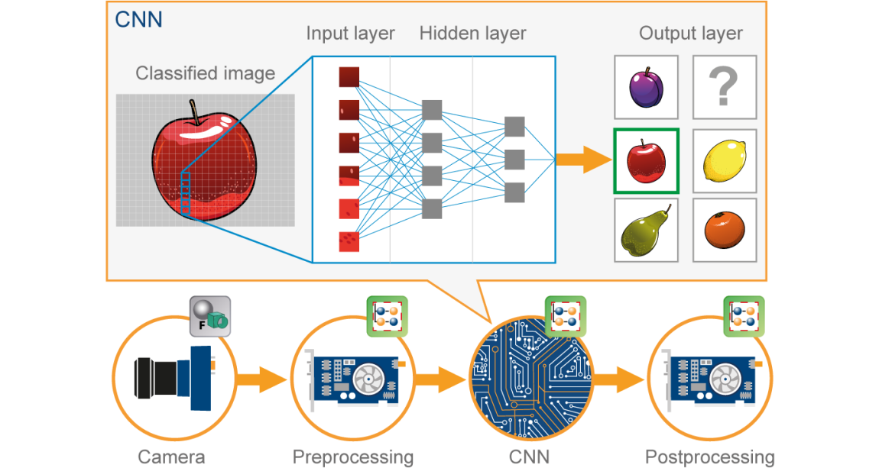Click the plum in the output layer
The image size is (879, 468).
(x=646, y=87)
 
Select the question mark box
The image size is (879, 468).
(x=724, y=87)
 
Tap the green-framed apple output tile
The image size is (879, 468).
(x=646, y=160)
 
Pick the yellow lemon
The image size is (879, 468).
(x=724, y=160)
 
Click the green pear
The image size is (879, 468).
(x=646, y=231)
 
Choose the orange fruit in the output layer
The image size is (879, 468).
(x=723, y=231)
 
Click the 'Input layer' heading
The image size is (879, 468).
(x=350, y=34)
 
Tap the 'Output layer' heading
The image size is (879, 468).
(x=690, y=34)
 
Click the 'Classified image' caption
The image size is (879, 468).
(x=205, y=73)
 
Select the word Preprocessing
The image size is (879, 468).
(x=353, y=457)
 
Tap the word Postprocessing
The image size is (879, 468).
(x=709, y=457)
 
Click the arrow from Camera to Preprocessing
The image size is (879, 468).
(x=260, y=378)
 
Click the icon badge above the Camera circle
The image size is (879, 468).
(x=209, y=315)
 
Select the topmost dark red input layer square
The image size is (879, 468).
(x=349, y=77)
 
